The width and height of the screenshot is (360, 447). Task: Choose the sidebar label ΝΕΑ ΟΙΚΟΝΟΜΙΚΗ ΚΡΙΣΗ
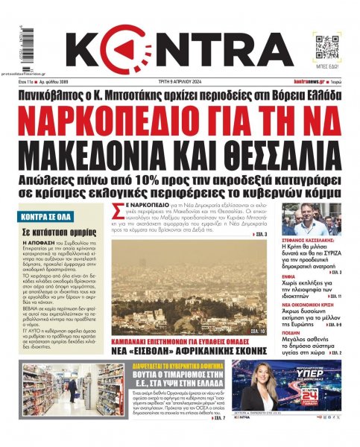(x=308, y=302)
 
